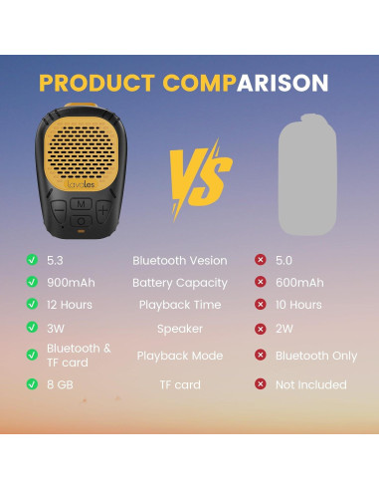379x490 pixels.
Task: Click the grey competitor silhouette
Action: (x=289, y=172)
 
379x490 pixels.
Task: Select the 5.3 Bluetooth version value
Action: (x=55, y=260)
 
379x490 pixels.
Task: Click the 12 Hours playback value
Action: (x=69, y=305)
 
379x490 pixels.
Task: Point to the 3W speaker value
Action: (x=56, y=328)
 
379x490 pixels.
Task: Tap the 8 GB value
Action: (x=61, y=384)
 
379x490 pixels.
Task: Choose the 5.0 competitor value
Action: (x=285, y=260)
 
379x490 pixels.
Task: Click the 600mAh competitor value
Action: (x=299, y=283)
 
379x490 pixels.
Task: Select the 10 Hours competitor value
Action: (x=299, y=305)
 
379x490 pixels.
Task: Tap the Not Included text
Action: (x=311, y=384)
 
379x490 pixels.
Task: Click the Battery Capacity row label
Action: (x=179, y=283)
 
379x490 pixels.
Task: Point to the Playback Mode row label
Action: (x=179, y=356)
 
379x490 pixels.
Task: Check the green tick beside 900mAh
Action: (x=32, y=283)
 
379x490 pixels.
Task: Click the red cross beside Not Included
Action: (x=261, y=384)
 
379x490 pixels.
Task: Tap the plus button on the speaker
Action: (x=103, y=211)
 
